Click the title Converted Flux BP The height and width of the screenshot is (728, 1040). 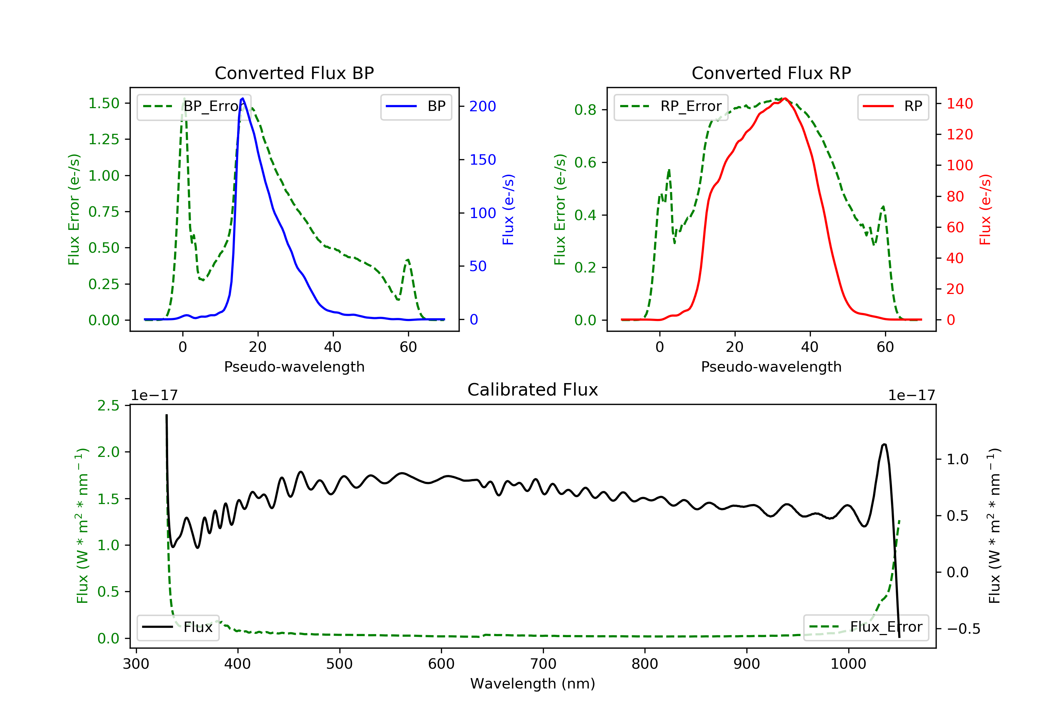pos(294,73)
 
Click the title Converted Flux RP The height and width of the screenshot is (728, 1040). pos(771,73)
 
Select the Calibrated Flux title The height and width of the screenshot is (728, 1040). pos(533,390)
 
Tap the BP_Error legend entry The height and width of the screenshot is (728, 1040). pos(194,106)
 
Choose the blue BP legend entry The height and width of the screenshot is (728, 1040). pos(416,106)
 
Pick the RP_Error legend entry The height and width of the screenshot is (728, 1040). pos(671,106)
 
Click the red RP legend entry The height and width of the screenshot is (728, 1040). pos(893,106)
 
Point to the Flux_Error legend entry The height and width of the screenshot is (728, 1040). pos(866,627)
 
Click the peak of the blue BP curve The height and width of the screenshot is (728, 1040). pos(243,98)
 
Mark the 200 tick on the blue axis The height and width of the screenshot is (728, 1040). pos(483,106)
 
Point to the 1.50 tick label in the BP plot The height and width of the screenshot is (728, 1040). pos(104,103)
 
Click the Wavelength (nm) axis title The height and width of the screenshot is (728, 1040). pos(533,684)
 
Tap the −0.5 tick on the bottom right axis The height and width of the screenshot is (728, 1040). pos(963,629)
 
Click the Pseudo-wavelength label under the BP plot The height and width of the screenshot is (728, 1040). pos(294,366)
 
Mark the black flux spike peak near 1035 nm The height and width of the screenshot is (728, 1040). pos(884,444)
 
